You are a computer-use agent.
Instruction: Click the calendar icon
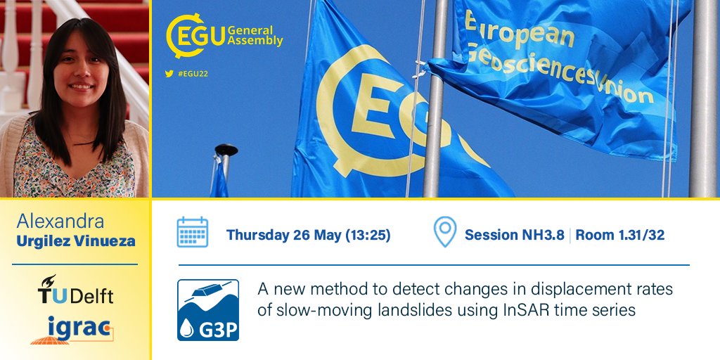(x=192, y=232)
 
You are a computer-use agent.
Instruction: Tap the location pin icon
(x=444, y=232)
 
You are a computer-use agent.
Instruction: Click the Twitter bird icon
(x=169, y=73)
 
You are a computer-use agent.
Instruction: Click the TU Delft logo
(x=75, y=290)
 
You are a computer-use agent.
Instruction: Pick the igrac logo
(x=73, y=329)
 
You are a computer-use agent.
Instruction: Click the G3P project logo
(x=207, y=309)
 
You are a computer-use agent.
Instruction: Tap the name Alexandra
(x=60, y=221)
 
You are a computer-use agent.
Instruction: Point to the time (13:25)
(x=367, y=235)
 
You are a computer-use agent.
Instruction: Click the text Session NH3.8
(x=514, y=235)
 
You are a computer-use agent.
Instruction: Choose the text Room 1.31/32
(x=619, y=235)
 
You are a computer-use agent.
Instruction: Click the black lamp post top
(x=226, y=150)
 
